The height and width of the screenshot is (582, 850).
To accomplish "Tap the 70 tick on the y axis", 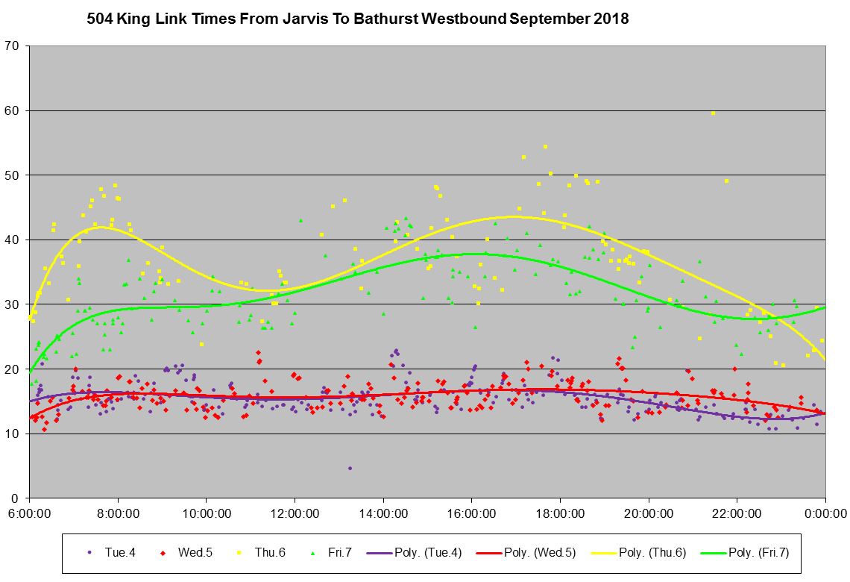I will tap(14, 46).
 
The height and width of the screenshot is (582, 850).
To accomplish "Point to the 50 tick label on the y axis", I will tap(14, 175).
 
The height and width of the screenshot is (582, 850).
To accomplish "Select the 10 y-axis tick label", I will tap(14, 434).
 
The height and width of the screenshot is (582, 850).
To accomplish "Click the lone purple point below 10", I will tap(350, 469).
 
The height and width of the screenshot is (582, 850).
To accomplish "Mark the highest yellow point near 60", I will tap(713, 113).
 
